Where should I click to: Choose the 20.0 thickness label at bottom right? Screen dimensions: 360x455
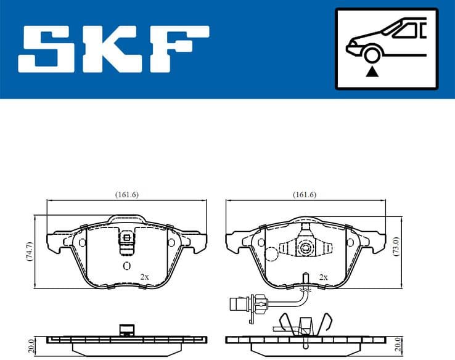[398, 344]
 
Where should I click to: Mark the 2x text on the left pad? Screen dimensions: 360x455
[144, 277]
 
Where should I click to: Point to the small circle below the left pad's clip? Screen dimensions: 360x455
[126, 266]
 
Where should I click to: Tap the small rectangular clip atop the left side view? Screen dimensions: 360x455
[127, 329]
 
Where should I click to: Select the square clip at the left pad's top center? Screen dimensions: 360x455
[126, 238]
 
